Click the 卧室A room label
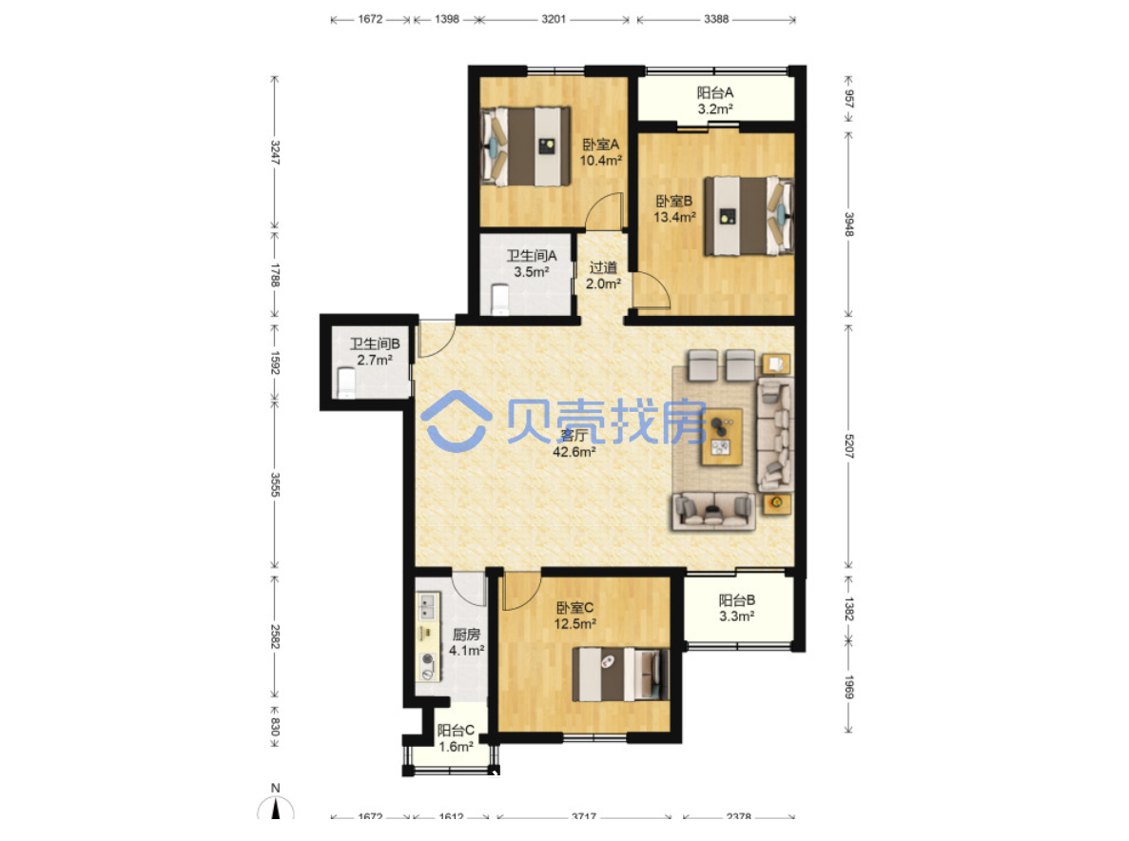point(601,152)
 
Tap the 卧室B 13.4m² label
point(674,208)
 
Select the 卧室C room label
point(574,616)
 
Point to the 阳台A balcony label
point(715,101)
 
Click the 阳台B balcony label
point(736,608)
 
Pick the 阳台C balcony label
point(456,738)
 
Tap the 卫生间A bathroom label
point(532,264)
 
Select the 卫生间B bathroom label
point(375,352)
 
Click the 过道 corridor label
point(603,276)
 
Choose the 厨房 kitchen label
point(466,642)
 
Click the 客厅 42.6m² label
point(574,443)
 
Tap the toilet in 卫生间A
point(499,299)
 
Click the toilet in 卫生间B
point(346,382)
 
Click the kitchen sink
point(428,606)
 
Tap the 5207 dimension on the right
point(849,446)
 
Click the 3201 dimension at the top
point(554,19)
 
